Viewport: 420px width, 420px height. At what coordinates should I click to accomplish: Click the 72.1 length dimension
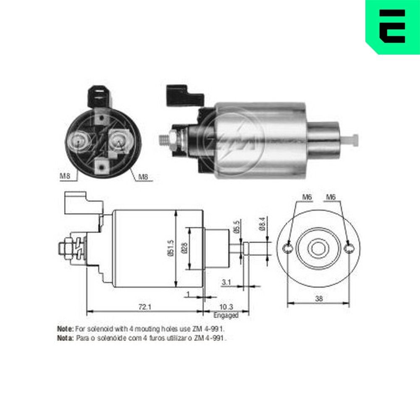(144, 307)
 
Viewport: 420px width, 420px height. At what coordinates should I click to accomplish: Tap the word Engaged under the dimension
(226, 315)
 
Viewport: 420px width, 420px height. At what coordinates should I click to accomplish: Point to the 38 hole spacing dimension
(319, 299)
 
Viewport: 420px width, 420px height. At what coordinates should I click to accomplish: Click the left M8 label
(64, 176)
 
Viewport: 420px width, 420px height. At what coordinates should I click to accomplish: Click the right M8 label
(143, 177)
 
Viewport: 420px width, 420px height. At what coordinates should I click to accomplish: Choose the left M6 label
(308, 197)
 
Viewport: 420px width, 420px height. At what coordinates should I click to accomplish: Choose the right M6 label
(331, 197)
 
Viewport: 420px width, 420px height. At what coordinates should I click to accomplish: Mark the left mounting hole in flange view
(287, 249)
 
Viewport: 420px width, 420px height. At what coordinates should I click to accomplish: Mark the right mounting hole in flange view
(349, 249)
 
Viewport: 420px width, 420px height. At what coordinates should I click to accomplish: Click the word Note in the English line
(65, 328)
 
